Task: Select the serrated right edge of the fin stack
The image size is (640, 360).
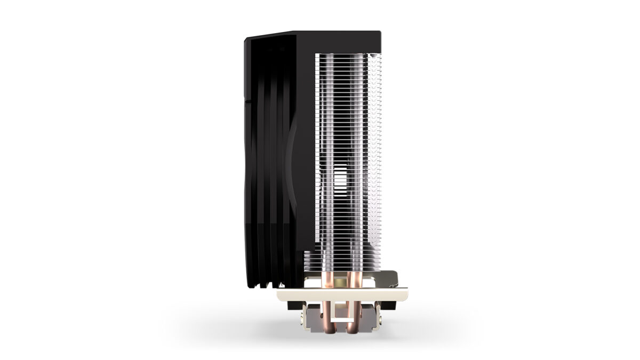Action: click(x=380, y=160)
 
